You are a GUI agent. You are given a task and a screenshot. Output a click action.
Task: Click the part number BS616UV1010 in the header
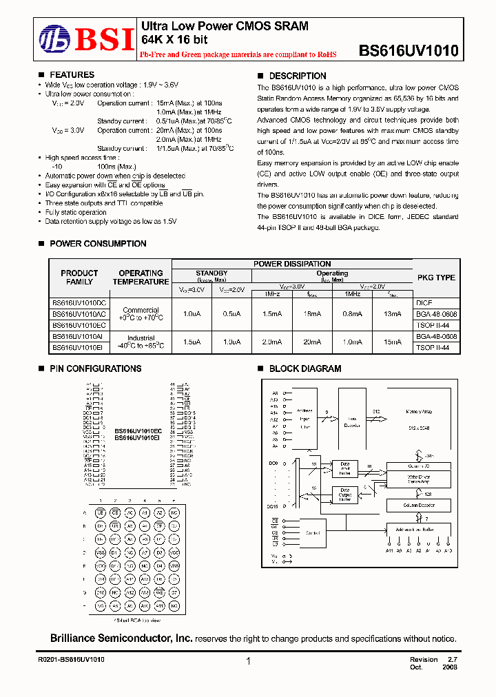tap(409, 50)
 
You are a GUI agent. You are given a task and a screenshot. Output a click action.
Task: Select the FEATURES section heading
tap(72, 75)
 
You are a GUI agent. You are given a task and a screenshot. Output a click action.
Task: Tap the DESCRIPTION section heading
tap(297, 76)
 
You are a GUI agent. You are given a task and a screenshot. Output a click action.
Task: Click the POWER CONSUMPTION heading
tap(97, 244)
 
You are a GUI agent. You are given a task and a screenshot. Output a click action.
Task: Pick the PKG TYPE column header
tap(436, 278)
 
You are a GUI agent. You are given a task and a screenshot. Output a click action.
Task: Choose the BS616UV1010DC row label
tap(79, 302)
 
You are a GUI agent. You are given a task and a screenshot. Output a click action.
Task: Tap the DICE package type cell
tap(424, 302)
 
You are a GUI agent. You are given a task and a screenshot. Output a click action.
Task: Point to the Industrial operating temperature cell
tap(141, 342)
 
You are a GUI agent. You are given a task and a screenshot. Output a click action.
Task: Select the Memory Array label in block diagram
tap(418, 412)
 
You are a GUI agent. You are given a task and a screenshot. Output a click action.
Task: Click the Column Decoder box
tap(418, 506)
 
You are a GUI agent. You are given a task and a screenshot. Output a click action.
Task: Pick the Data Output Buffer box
tap(345, 495)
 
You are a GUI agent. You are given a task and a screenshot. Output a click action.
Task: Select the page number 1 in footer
tap(247, 661)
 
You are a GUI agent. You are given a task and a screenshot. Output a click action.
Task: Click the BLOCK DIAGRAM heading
tap(304, 368)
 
